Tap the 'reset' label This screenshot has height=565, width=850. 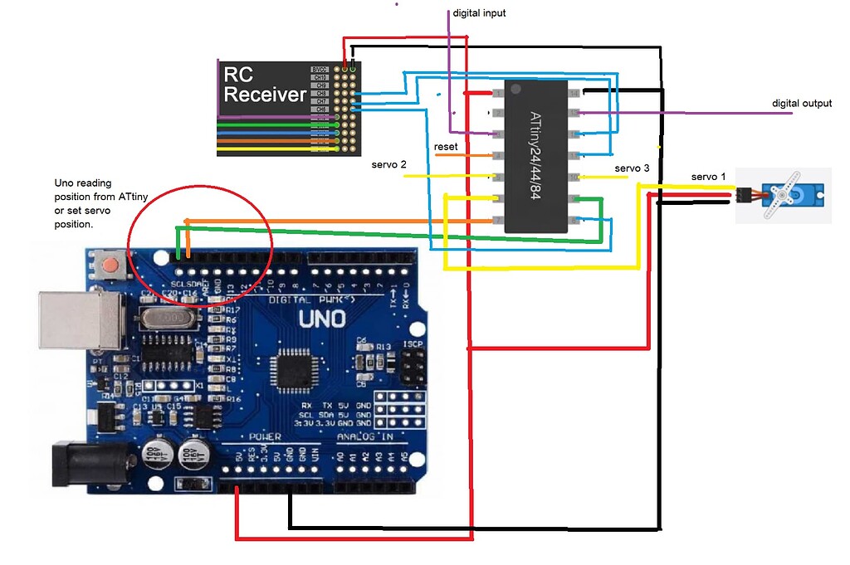click(x=446, y=147)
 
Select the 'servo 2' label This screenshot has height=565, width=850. click(x=388, y=165)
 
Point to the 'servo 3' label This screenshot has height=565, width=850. click(x=632, y=168)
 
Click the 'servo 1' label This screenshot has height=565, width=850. click(x=708, y=177)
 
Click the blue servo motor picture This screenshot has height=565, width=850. click(x=783, y=196)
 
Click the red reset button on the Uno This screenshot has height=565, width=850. click(x=109, y=266)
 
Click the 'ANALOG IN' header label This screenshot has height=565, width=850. click(x=366, y=437)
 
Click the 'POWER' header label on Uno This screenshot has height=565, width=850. click(x=266, y=436)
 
